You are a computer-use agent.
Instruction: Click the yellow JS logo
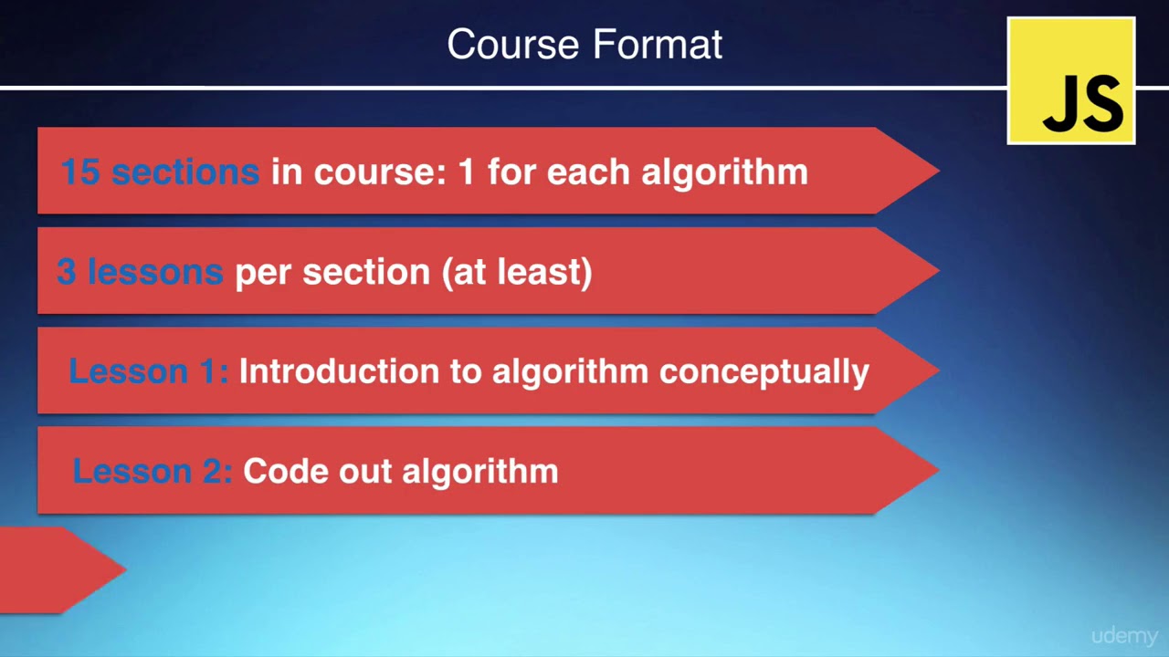pyautogui.click(x=1070, y=81)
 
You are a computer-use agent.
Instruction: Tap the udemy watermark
pyautogui.click(x=1124, y=636)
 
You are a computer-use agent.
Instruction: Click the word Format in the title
pyautogui.click(x=658, y=45)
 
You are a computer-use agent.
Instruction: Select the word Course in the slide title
pyautogui.click(x=514, y=45)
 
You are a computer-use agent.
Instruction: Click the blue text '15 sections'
pyautogui.click(x=160, y=172)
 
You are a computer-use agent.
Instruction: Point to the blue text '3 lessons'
pyautogui.click(x=140, y=271)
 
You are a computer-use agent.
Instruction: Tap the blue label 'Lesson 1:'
pyautogui.click(x=148, y=371)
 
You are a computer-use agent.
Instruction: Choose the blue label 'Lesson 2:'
pyautogui.click(x=153, y=471)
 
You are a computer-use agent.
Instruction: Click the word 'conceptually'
pyautogui.click(x=764, y=371)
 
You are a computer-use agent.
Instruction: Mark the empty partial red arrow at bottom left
pyautogui.click(x=55, y=569)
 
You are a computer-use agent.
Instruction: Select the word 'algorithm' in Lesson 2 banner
pyautogui.click(x=480, y=471)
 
